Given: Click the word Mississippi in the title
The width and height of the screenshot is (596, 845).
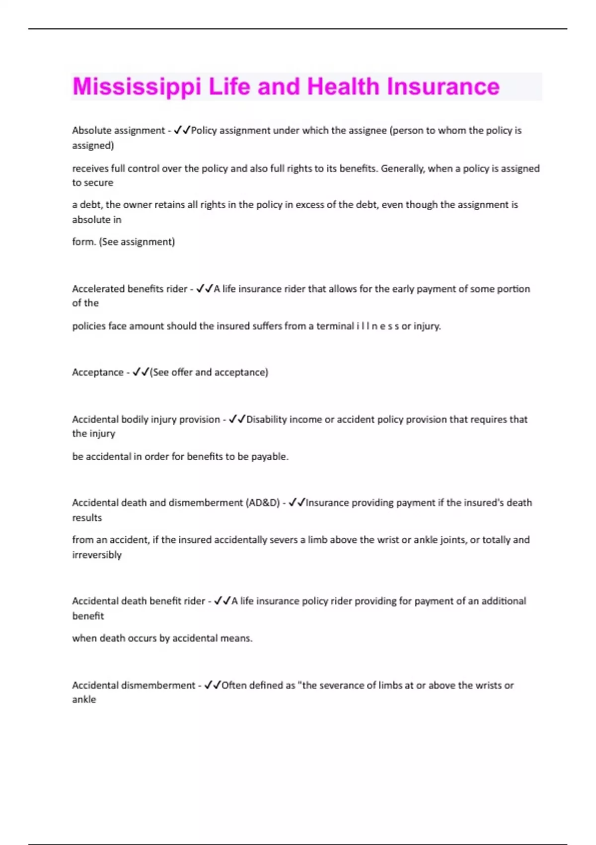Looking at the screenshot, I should point(137,87).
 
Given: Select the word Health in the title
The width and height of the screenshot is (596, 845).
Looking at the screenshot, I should point(343,87).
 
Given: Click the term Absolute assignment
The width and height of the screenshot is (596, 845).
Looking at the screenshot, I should point(118,130).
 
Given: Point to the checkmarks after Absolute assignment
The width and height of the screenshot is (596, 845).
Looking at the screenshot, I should point(182,130).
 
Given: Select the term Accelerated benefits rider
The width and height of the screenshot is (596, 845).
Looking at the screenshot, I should point(130,289).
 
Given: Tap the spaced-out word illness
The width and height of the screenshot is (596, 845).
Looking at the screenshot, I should point(377,327).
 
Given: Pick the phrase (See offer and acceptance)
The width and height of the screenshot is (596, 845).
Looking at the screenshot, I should point(209,372).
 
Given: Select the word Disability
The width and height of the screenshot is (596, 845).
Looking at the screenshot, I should point(267,420).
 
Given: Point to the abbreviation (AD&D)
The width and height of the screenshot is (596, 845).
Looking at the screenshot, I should point(263,503).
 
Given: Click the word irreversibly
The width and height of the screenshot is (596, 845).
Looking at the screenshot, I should point(97,555).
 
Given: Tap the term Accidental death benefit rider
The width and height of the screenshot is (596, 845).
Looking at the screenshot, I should point(139,601).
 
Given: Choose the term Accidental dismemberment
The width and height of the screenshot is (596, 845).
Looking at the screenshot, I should point(134,685).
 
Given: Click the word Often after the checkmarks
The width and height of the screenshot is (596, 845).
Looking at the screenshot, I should point(234,685).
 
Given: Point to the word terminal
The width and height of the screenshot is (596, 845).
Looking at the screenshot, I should point(335,327).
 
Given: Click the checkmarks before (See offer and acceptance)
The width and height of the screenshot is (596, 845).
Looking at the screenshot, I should point(141,372).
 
